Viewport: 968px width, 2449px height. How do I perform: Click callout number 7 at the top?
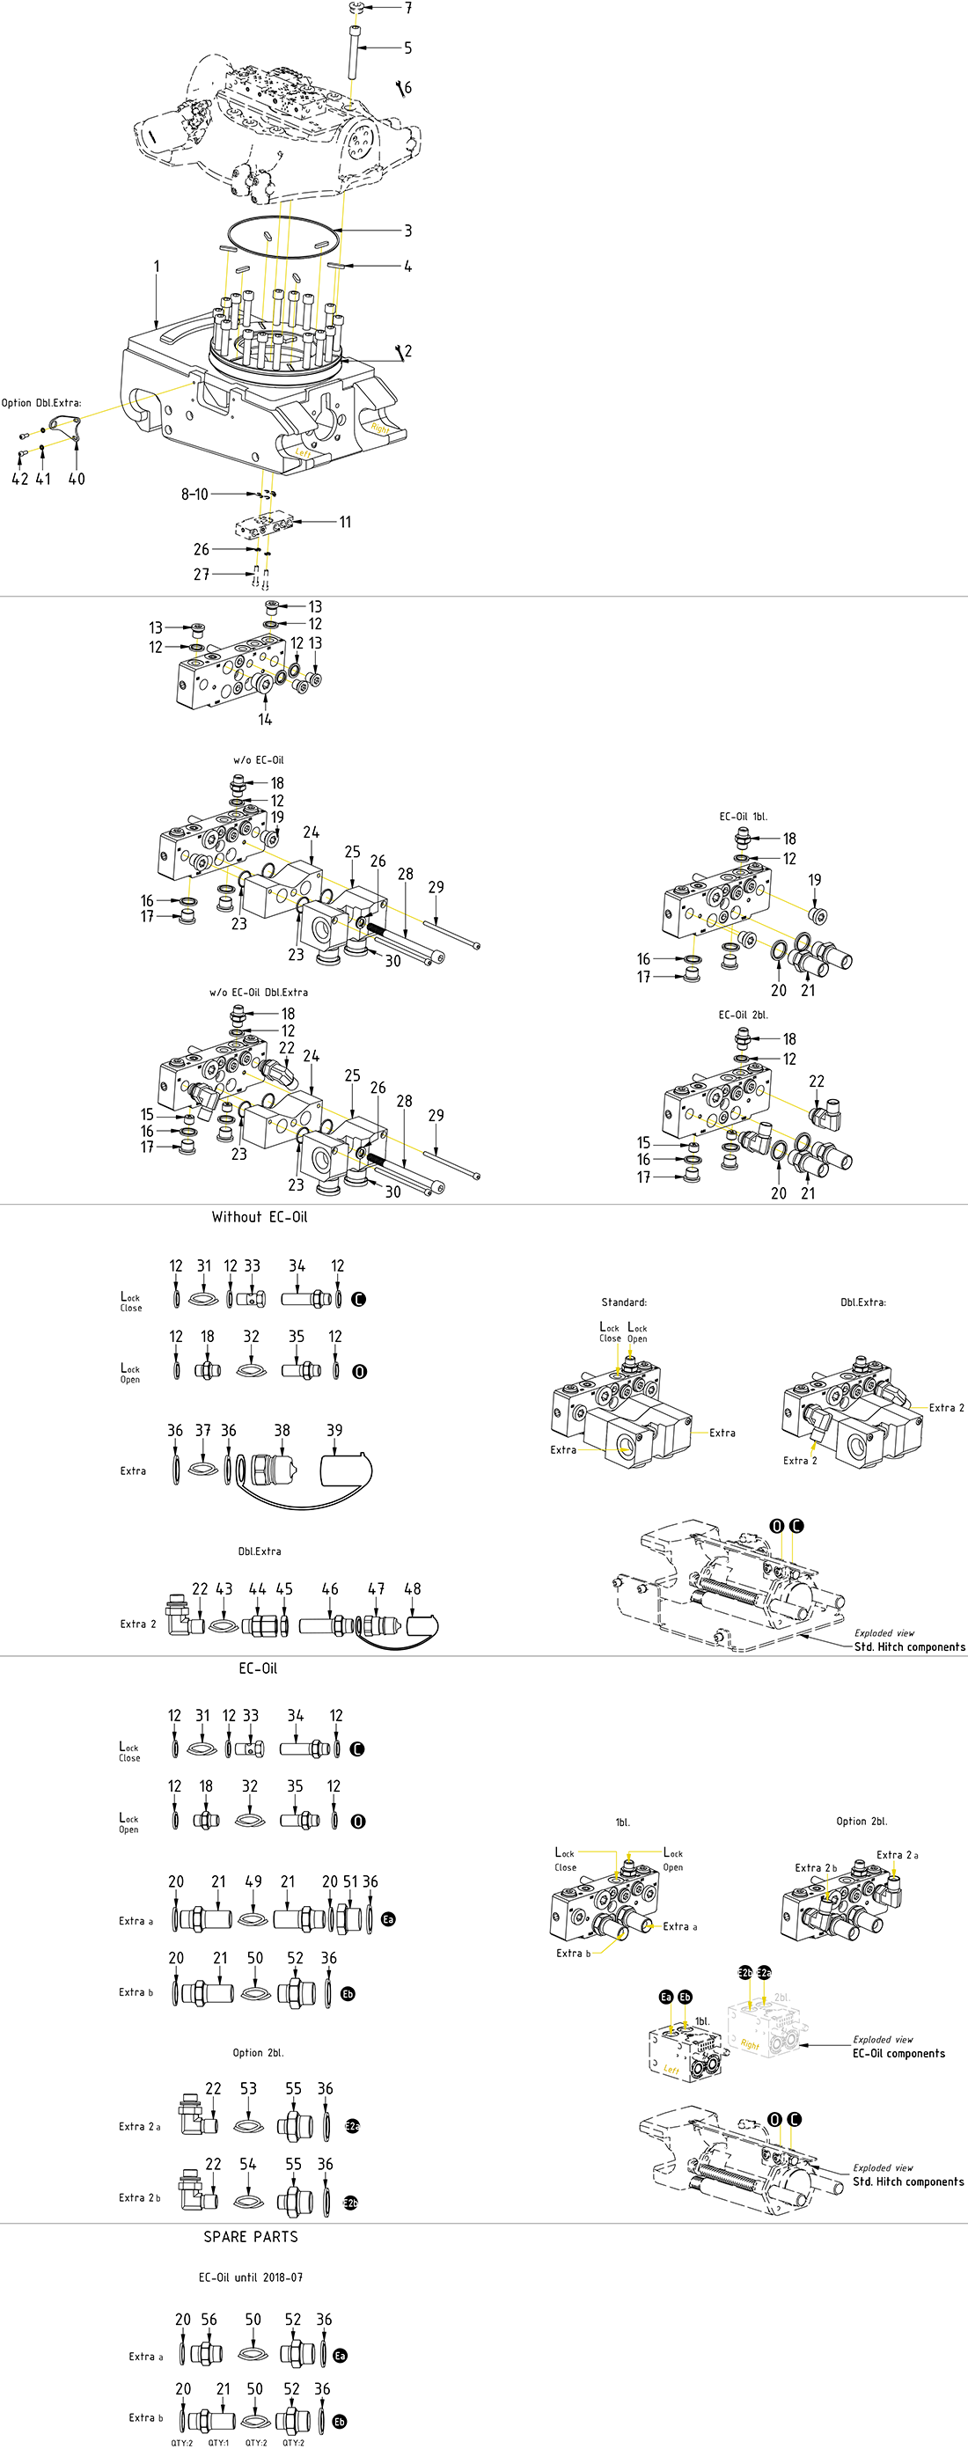click(x=408, y=9)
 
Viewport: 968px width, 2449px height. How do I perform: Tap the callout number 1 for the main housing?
click(x=157, y=268)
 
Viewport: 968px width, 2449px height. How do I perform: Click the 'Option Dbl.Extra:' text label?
click(x=40, y=403)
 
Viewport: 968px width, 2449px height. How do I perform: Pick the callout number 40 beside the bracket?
click(x=76, y=479)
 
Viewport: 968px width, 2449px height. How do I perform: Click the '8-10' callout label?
click(x=195, y=495)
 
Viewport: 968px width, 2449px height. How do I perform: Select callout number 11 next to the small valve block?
click(x=345, y=522)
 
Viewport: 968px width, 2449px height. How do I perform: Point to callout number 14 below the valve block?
click(x=265, y=720)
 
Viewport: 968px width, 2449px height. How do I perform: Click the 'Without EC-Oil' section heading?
click(x=260, y=1217)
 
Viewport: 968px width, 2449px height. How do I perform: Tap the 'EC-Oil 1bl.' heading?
click(x=743, y=817)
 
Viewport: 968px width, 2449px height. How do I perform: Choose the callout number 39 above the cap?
click(x=334, y=1430)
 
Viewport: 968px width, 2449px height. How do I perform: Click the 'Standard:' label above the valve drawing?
click(x=624, y=1302)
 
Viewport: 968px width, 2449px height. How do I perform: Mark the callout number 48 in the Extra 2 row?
click(x=413, y=1588)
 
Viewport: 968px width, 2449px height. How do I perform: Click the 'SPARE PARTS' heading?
click(x=251, y=2237)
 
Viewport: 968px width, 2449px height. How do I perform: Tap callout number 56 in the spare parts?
click(x=209, y=2320)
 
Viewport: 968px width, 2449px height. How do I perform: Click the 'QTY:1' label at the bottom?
click(x=219, y=2442)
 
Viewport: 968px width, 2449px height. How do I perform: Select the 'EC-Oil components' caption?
click(x=898, y=2054)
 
